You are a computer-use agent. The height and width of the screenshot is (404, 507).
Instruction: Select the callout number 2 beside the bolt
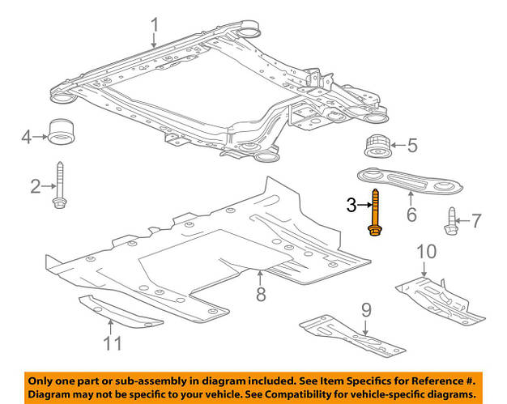[x=36, y=188]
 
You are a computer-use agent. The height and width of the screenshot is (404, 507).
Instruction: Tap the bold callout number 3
[x=351, y=206]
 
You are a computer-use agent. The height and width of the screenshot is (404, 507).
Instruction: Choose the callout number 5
[x=412, y=147]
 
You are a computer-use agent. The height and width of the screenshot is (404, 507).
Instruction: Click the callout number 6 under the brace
[x=411, y=215]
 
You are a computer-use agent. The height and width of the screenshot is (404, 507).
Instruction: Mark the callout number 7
[x=476, y=219]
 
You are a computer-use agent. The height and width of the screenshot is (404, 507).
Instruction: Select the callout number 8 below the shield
[x=261, y=295]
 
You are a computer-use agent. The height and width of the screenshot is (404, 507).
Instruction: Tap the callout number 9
[x=365, y=308]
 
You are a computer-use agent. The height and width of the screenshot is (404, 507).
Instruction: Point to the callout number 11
[x=112, y=343]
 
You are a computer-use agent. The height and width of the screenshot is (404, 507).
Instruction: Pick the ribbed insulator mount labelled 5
[x=375, y=147]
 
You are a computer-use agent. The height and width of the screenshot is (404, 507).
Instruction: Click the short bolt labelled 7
[x=451, y=220]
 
